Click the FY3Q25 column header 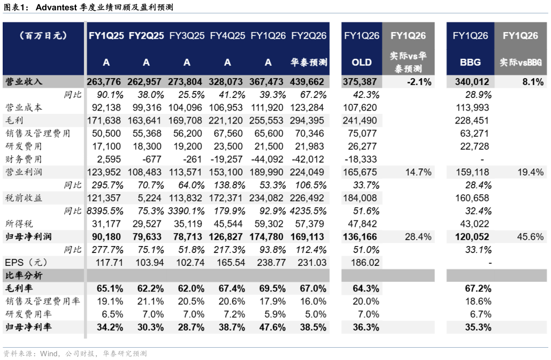pyautogui.click(x=187, y=35)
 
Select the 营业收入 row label pyautogui.click(x=24, y=82)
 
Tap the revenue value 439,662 pyautogui.click(x=307, y=82)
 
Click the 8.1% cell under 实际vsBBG pyautogui.click(x=533, y=82)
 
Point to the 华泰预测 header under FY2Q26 pyautogui.click(x=309, y=62)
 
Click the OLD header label pyautogui.click(x=362, y=62)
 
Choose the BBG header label pyautogui.click(x=470, y=62)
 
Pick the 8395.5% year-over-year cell pyautogui.click(x=105, y=211)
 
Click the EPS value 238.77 pyautogui.click(x=271, y=262)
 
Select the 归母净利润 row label pyautogui.click(x=28, y=237)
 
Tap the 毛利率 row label pyautogui.click(x=19, y=288)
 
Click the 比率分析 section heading pyautogui.click(x=24, y=275)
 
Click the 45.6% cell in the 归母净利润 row pyautogui.click(x=530, y=237)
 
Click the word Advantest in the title pyautogui.click(x=56, y=7)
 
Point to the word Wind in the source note pyautogui.click(x=49, y=354)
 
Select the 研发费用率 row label pyautogui.click(x=28, y=314)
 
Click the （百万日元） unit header pyautogui.click(x=43, y=35)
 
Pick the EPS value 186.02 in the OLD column pyautogui.click(x=365, y=262)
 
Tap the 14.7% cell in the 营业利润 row pyautogui.click(x=418, y=172)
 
